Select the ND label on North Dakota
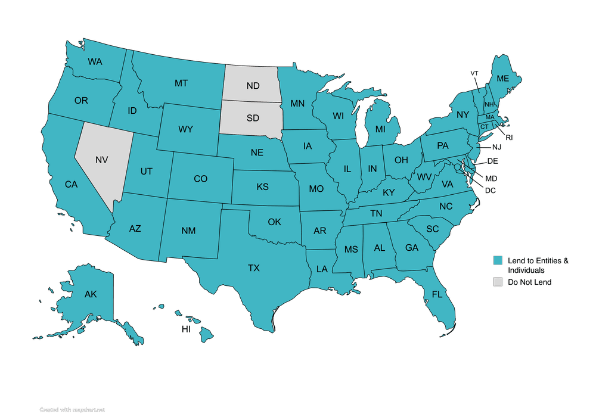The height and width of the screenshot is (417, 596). (x=253, y=86)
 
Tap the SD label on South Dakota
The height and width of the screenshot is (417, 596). (x=253, y=117)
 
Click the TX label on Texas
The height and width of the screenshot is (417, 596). (x=254, y=268)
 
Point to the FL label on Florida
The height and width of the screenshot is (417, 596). (x=437, y=294)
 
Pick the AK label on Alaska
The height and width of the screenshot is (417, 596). (x=91, y=294)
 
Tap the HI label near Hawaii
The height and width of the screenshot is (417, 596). (x=186, y=329)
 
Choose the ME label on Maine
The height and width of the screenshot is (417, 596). (x=503, y=78)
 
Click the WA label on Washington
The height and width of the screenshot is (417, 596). (x=95, y=61)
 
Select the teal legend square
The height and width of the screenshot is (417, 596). (x=496, y=260)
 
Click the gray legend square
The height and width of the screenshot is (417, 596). (x=496, y=282)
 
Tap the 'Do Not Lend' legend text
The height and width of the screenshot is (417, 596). (x=529, y=282)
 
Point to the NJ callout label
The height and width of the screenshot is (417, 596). (x=496, y=147)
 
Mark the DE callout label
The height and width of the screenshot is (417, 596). (x=492, y=161)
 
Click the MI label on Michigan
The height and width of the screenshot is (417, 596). (x=380, y=129)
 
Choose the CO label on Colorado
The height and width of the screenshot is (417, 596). (x=201, y=179)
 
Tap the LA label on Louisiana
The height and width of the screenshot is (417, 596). (x=322, y=269)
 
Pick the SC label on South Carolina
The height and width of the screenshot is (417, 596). (x=432, y=229)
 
